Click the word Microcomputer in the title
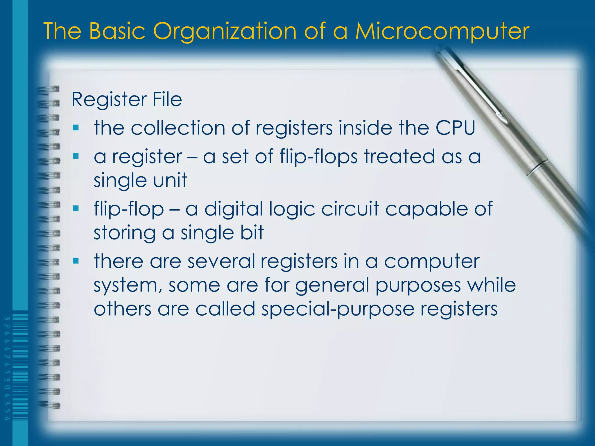(442, 31)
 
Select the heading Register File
(127, 100)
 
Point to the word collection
(178, 128)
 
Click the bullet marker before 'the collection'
(76, 127)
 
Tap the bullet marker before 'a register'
(76, 156)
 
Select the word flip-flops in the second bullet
(318, 157)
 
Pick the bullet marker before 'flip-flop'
(76, 208)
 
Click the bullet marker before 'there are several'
(76, 260)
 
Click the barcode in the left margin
(20, 367)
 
